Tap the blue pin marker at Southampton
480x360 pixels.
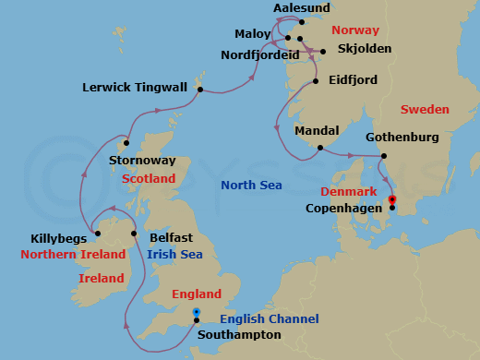pyautogui.click(x=196, y=314)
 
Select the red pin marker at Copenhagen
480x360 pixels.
pyautogui.click(x=391, y=199)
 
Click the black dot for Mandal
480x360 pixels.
pyautogui.click(x=319, y=148)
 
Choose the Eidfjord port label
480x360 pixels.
pyautogui.click(x=353, y=81)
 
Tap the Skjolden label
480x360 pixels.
pyautogui.click(x=365, y=48)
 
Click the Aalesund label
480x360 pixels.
pyautogui.click(x=302, y=8)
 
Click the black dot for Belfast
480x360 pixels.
pyautogui.click(x=135, y=234)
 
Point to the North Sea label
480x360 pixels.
pyautogui.click(x=251, y=186)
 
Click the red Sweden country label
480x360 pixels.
pyautogui.click(x=425, y=110)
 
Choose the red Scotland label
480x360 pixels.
pyautogui.click(x=149, y=178)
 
